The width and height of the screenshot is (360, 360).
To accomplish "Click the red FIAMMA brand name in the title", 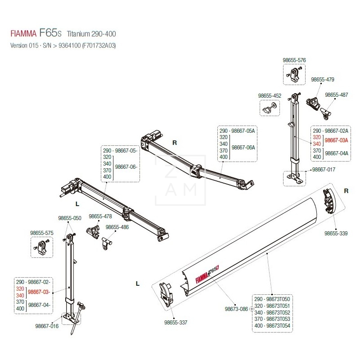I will click(x=24, y=34).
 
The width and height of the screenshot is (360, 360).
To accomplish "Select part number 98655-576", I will click(x=294, y=59).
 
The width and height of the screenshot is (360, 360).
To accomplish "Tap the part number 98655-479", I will click(x=323, y=80).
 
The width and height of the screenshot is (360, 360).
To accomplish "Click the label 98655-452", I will click(x=270, y=96).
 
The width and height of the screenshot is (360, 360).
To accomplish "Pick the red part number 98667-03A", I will click(x=337, y=140).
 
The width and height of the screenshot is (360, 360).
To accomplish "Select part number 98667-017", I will click(x=324, y=171).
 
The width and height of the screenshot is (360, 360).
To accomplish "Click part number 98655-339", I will click(x=336, y=234).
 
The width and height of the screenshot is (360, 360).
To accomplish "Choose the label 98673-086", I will click(x=235, y=309).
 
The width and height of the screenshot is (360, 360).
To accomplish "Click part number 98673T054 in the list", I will click(x=279, y=325).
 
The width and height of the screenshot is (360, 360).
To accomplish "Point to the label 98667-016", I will click(x=47, y=325).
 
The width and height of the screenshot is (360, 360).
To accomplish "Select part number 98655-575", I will click(x=42, y=233).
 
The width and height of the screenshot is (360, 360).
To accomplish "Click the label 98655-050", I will click(x=70, y=218).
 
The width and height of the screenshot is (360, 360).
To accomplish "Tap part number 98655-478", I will click(x=100, y=216).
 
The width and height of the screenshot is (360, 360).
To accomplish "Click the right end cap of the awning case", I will click(x=329, y=201).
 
